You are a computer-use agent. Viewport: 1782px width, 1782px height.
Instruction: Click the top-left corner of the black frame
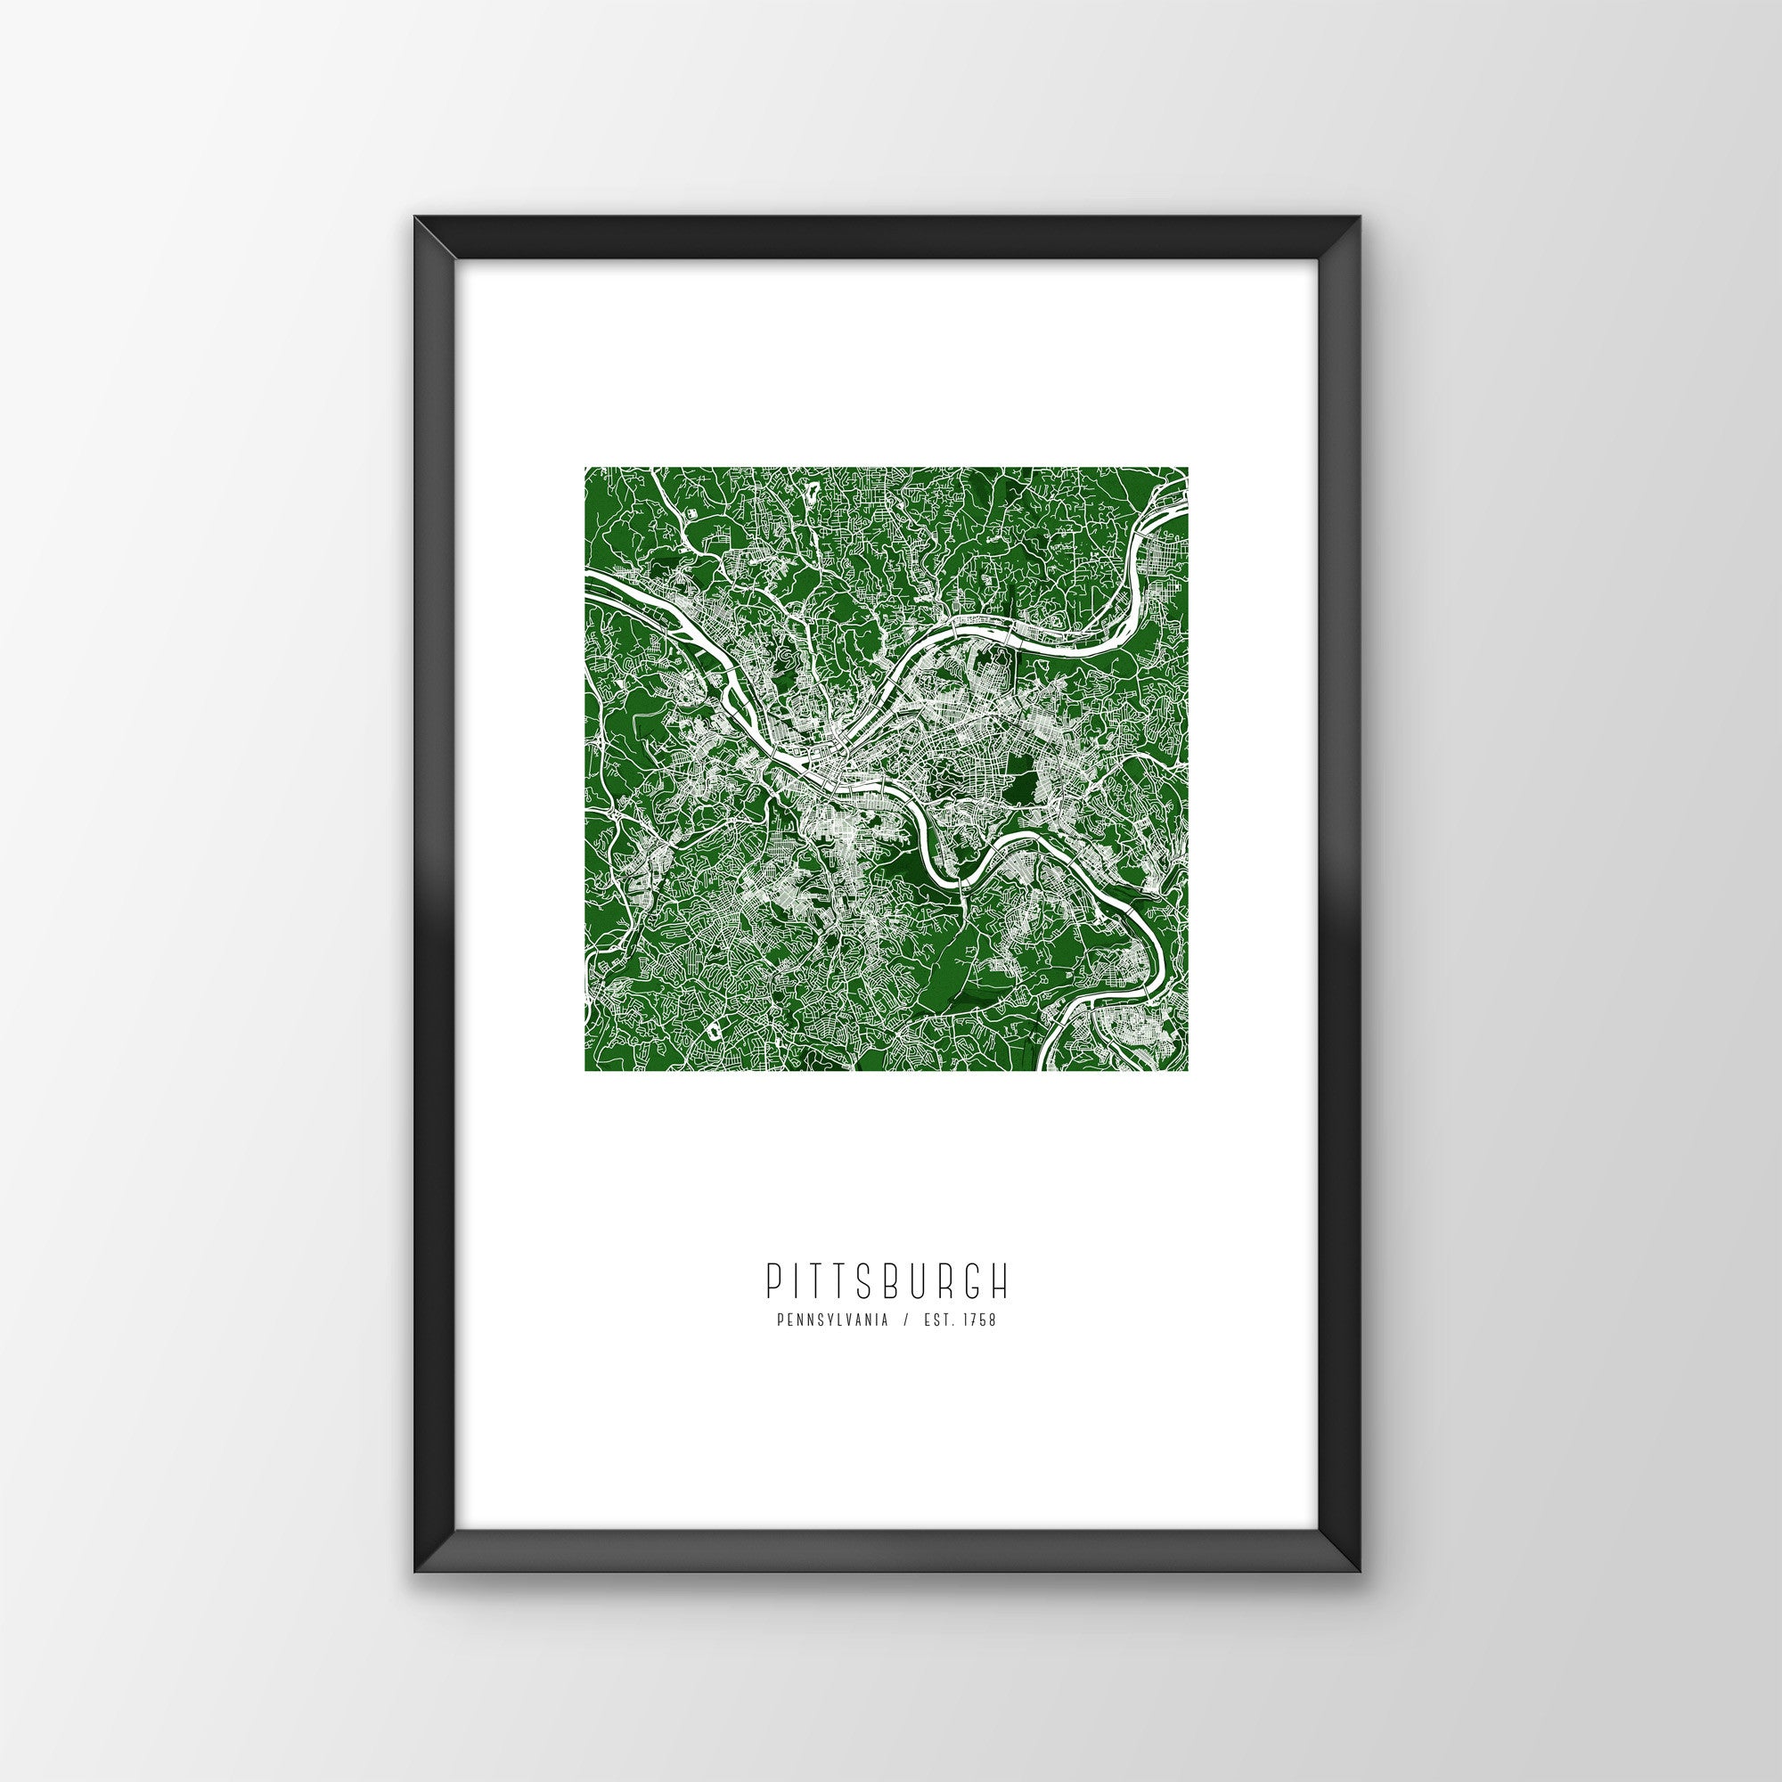click(x=415, y=243)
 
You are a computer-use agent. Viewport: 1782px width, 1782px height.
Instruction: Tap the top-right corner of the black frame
click(x=1360, y=243)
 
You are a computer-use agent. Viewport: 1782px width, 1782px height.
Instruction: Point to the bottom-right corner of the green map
click(x=1186, y=1071)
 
